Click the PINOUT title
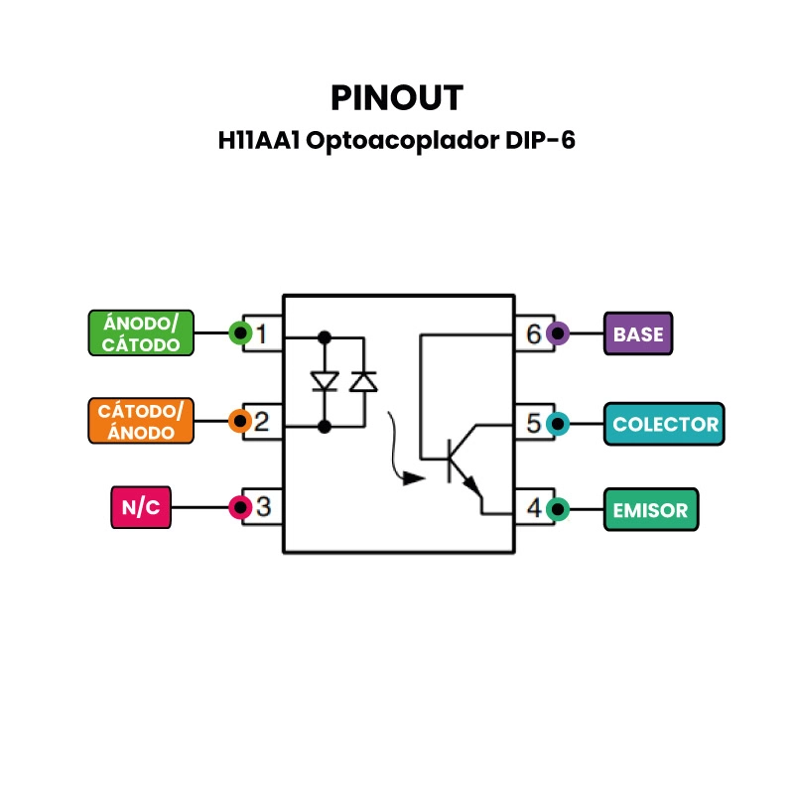396,97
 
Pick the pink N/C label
141,507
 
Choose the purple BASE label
638,333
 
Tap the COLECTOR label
665,424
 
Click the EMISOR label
650,510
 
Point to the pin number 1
262,334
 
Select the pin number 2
262,422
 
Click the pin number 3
263,508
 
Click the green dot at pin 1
239,333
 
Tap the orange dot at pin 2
239,421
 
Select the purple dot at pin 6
558,333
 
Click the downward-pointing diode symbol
324,381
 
